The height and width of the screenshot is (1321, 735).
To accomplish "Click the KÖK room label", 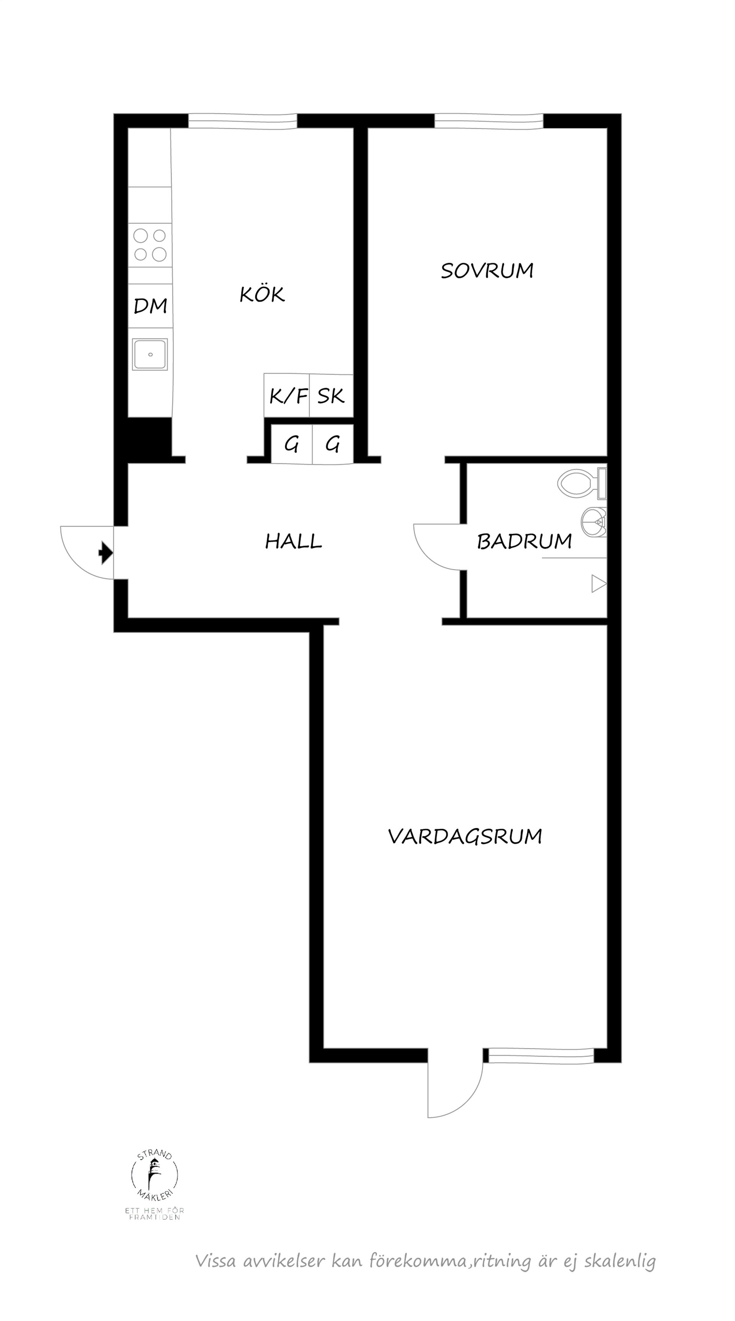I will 262,294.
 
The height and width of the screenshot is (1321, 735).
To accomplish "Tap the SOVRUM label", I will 487,270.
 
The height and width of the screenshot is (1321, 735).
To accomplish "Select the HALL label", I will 293,541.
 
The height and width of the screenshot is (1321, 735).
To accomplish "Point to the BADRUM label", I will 524,541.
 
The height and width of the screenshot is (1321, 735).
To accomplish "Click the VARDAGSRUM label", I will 465,836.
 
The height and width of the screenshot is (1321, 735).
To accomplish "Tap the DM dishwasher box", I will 150,306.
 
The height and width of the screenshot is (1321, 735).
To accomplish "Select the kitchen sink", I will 150,354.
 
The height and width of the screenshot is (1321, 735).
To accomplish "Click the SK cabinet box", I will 331,396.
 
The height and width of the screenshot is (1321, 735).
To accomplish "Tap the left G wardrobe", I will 291,443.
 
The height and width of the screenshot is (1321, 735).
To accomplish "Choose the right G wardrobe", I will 333,443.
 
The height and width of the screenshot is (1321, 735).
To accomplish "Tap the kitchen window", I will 242,121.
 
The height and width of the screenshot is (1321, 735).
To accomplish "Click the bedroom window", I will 488,121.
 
